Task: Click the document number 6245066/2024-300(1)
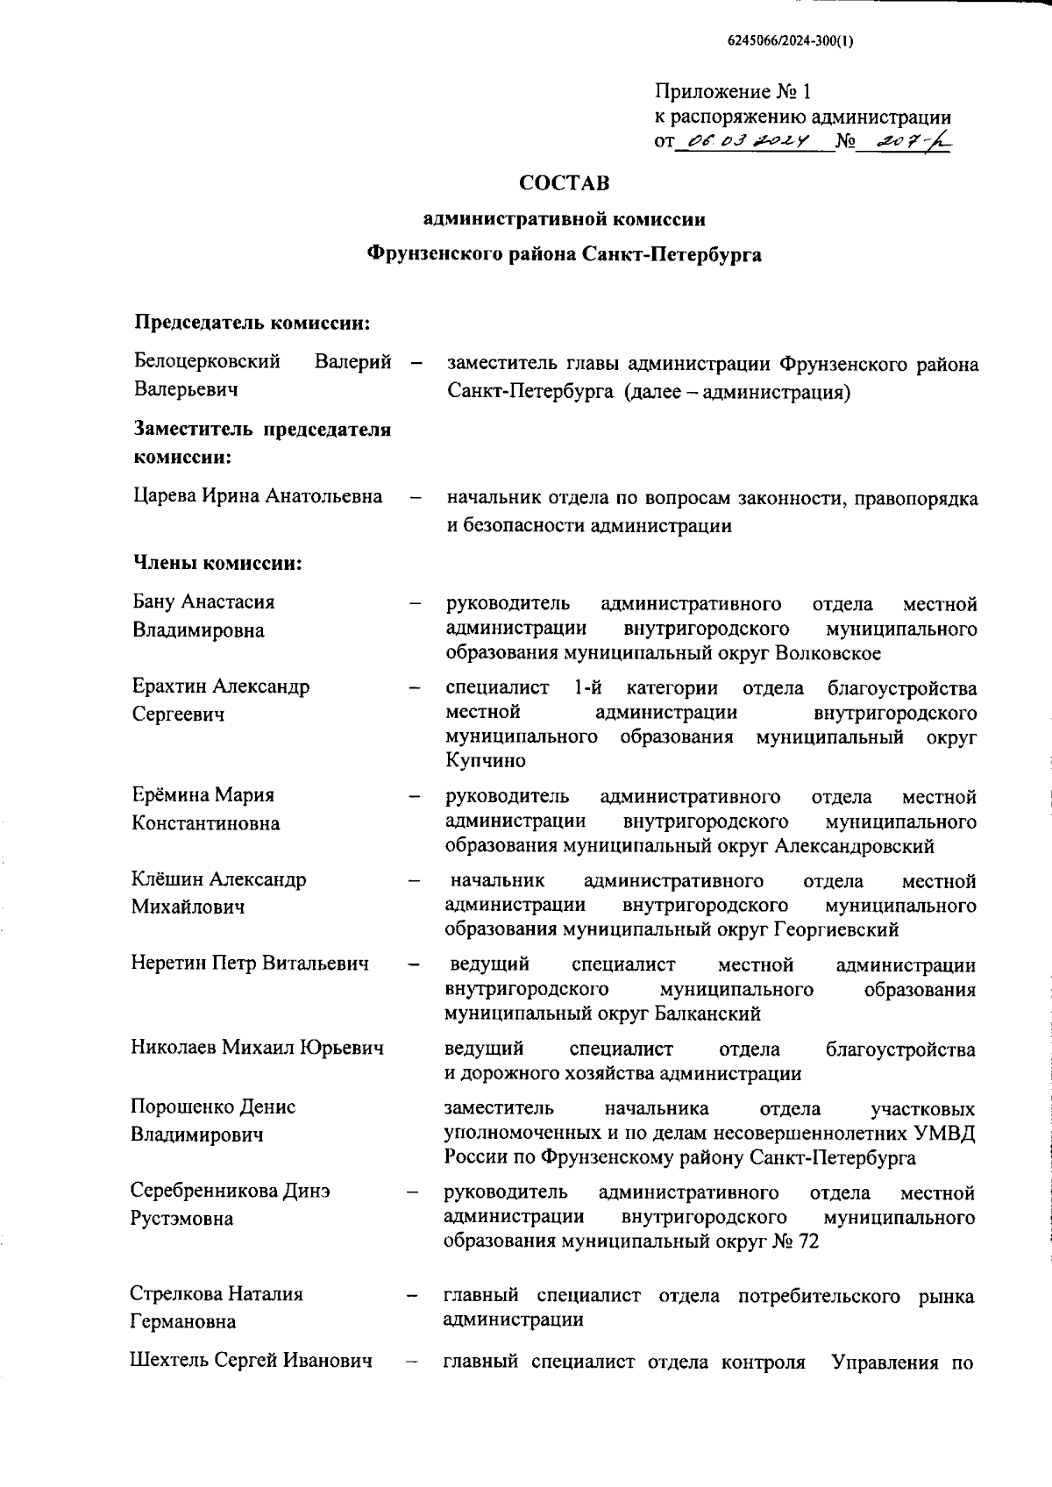coord(790,40)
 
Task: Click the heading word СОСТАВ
coord(564,183)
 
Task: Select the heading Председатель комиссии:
coord(251,323)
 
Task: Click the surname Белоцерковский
coord(207,361)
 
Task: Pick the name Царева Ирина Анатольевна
coord(258,496)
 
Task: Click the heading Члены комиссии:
coord(217,563)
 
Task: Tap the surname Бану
coord(154,602)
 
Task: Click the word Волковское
coord(828,653)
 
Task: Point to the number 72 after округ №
coord(808,1242)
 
